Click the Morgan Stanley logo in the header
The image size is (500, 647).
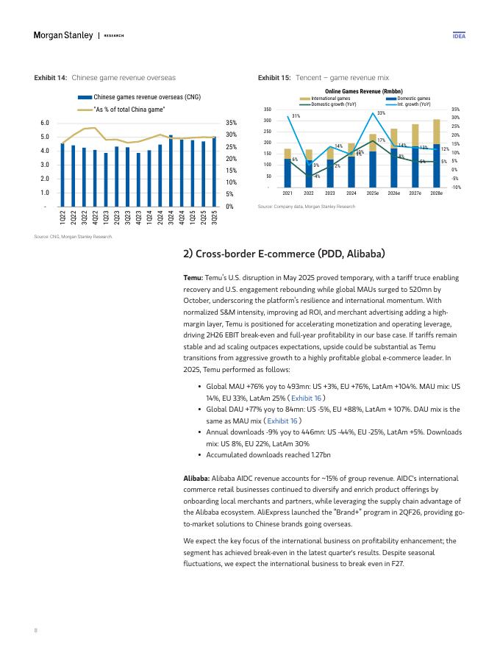tap(63, 35)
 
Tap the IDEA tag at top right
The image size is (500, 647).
tap(458, 35)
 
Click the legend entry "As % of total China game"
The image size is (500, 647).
tap(129, 109)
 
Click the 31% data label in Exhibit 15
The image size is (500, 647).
tap(296, 116)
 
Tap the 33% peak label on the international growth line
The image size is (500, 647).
tap(381, 112)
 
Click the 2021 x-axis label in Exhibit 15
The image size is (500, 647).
tap(287, 193)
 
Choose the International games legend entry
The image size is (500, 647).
tap(331, 98)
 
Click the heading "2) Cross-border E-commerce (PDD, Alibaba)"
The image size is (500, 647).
tap(284, 254)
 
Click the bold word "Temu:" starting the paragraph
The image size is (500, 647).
tap(193, 278)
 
